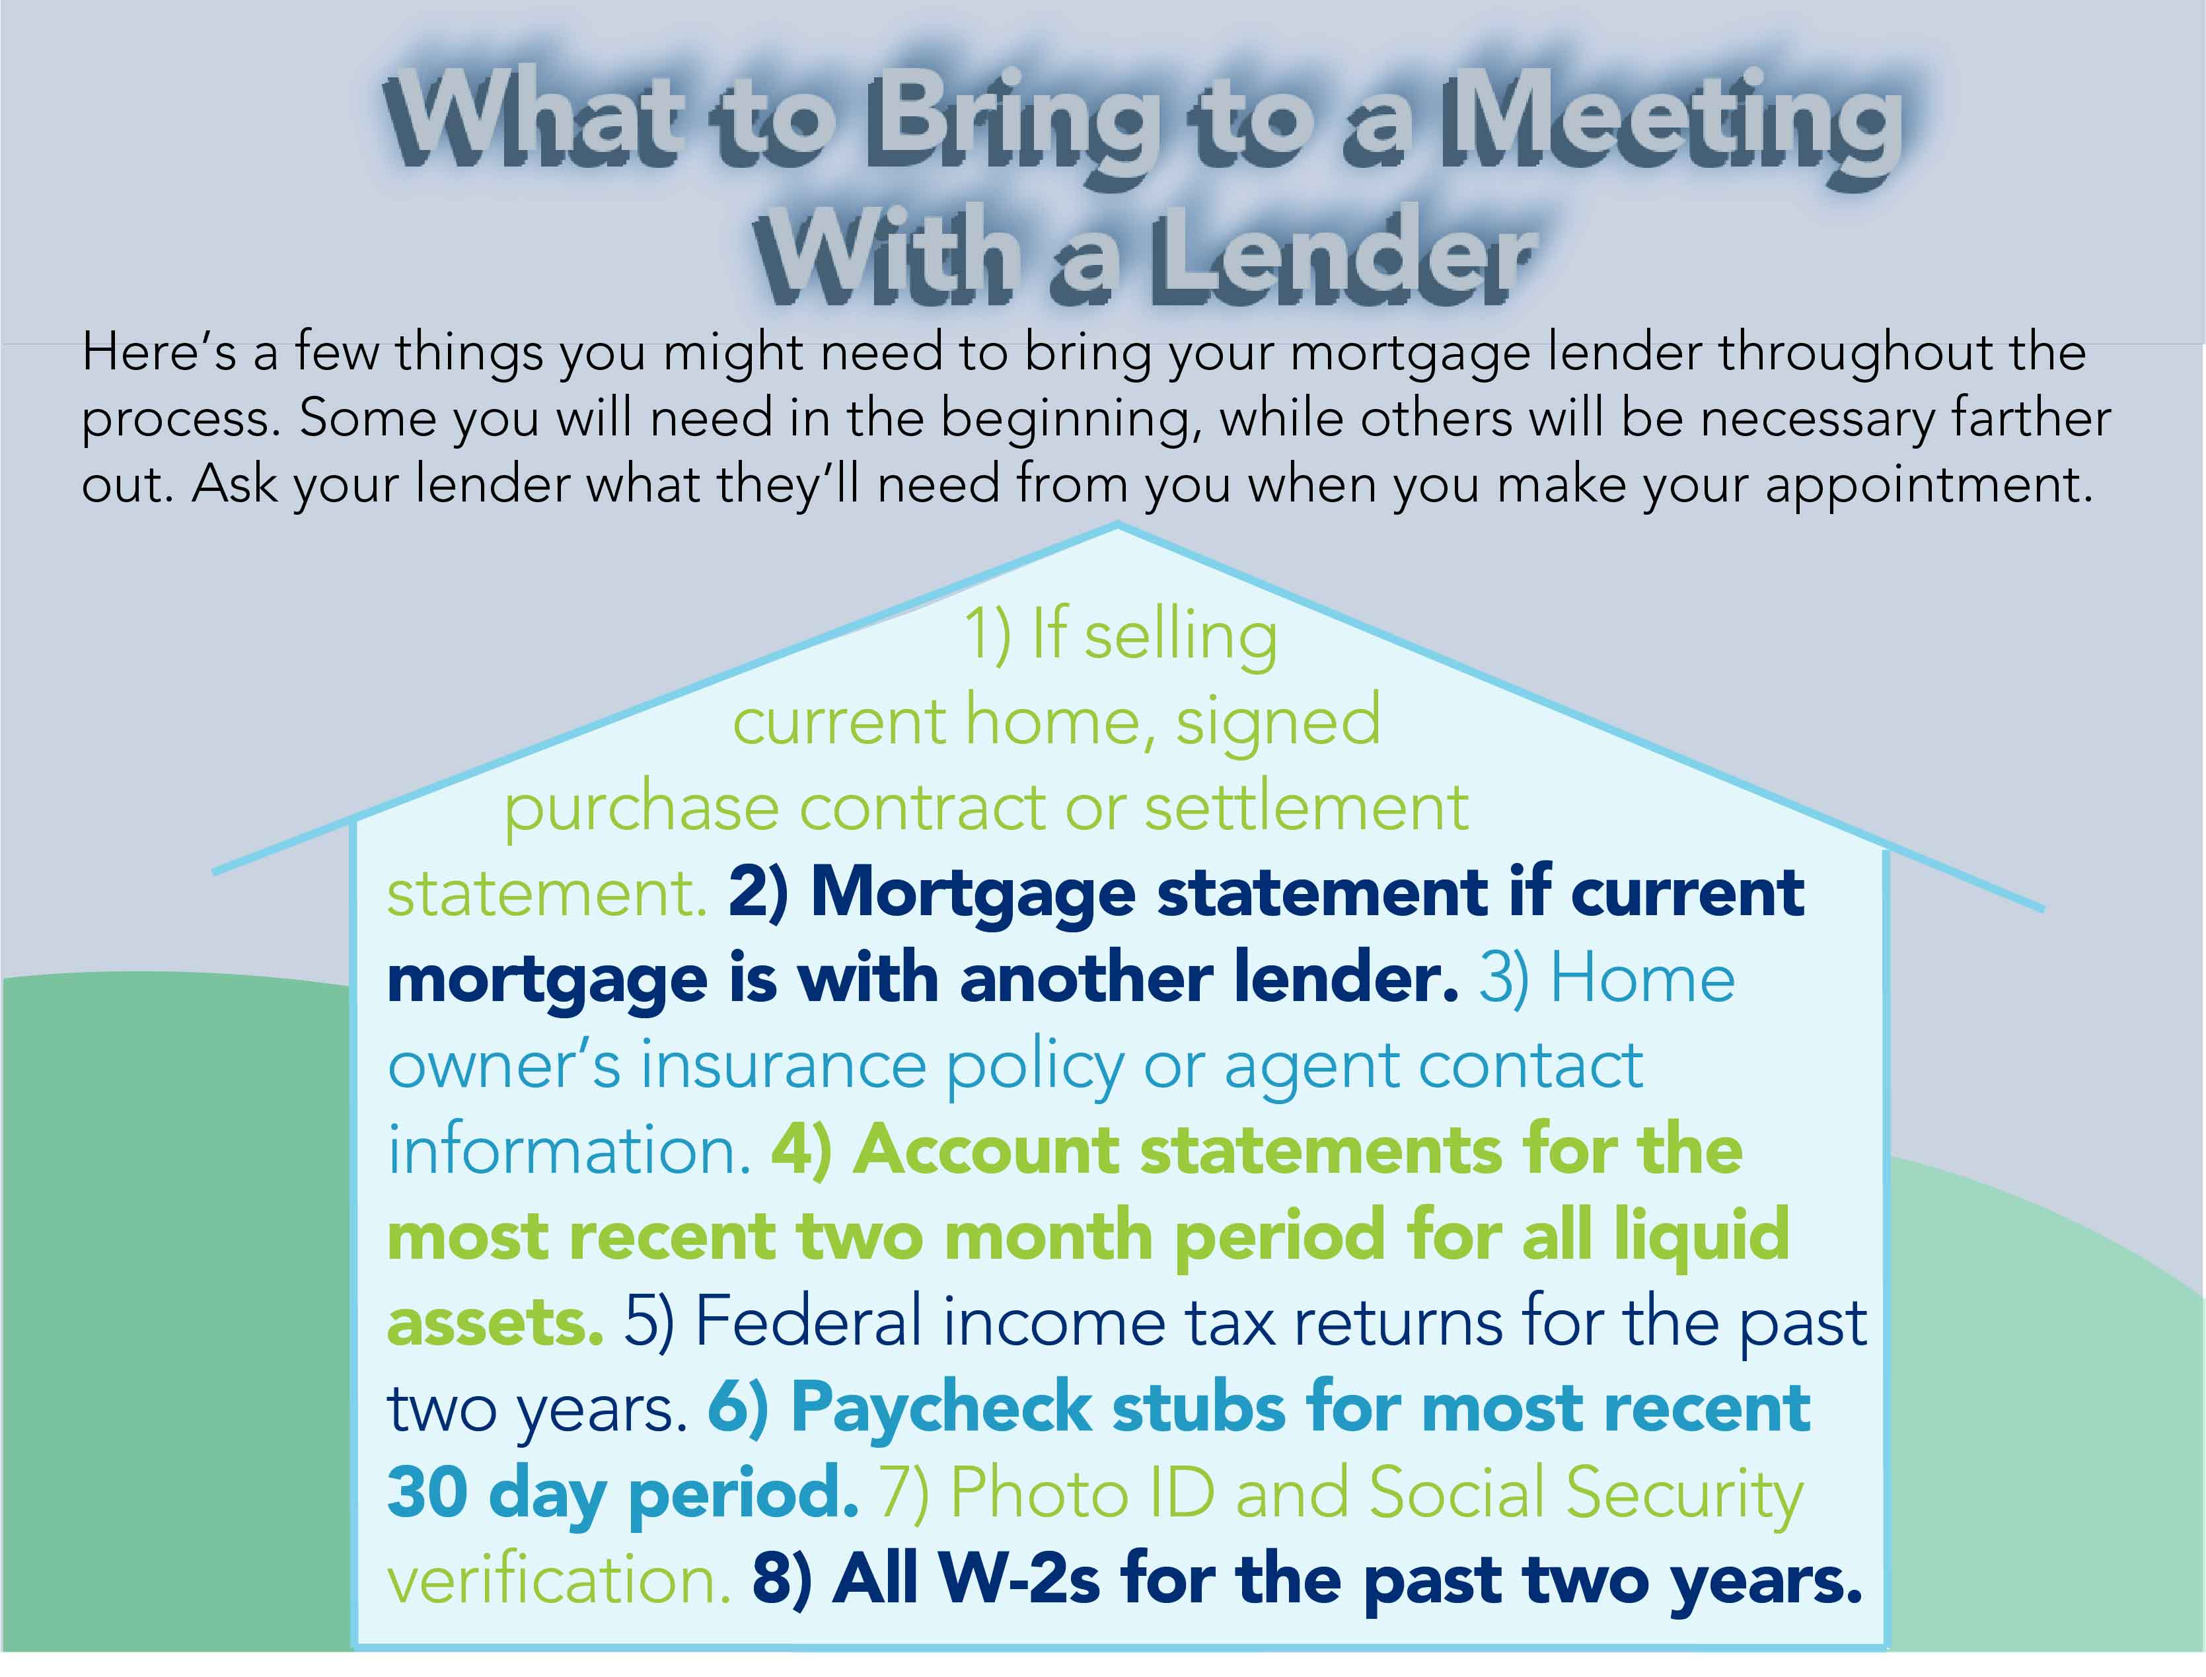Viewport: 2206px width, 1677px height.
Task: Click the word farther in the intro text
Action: coord(2032,417)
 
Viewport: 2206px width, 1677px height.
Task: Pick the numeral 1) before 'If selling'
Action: coord(988,635)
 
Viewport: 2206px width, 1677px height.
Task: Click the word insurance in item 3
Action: coord(784,1065)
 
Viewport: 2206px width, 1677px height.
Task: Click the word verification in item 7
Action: coord(559,1580)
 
